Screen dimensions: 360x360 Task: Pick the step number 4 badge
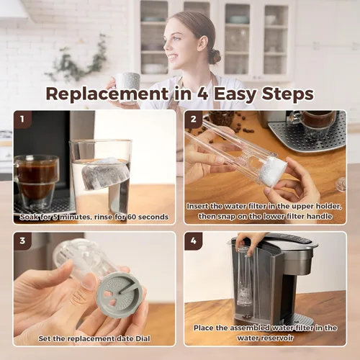click(193, 241)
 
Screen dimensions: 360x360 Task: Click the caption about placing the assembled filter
click(264, 332)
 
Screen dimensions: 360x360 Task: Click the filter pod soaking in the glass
click(104, 174)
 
